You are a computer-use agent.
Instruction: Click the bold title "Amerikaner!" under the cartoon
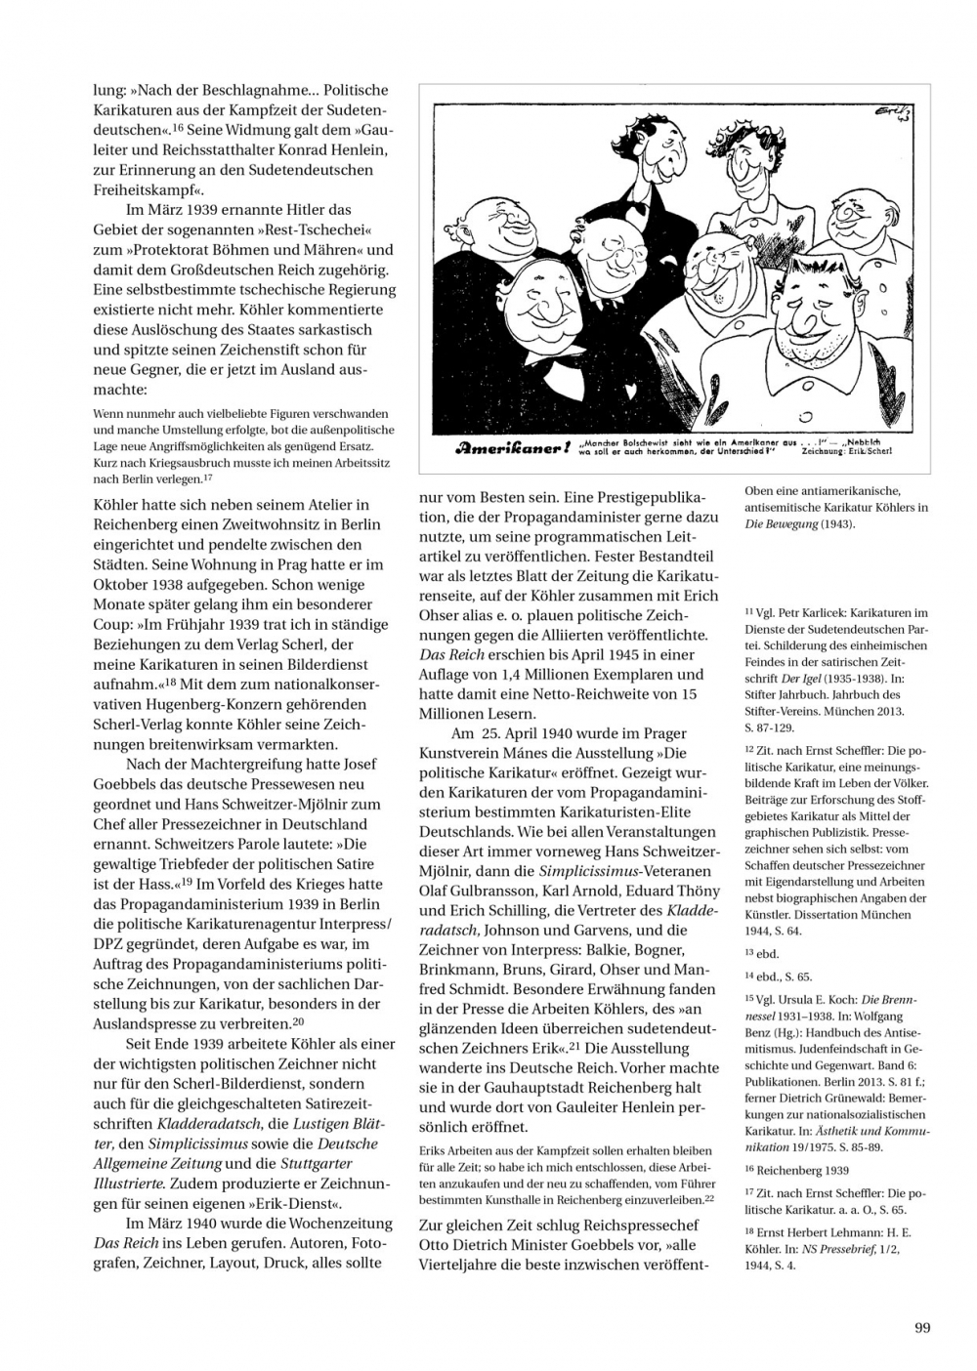click(x=510, y=449)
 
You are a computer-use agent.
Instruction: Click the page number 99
click(x=922, y=1327)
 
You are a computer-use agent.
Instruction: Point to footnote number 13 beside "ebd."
click(x=749, y=952)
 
